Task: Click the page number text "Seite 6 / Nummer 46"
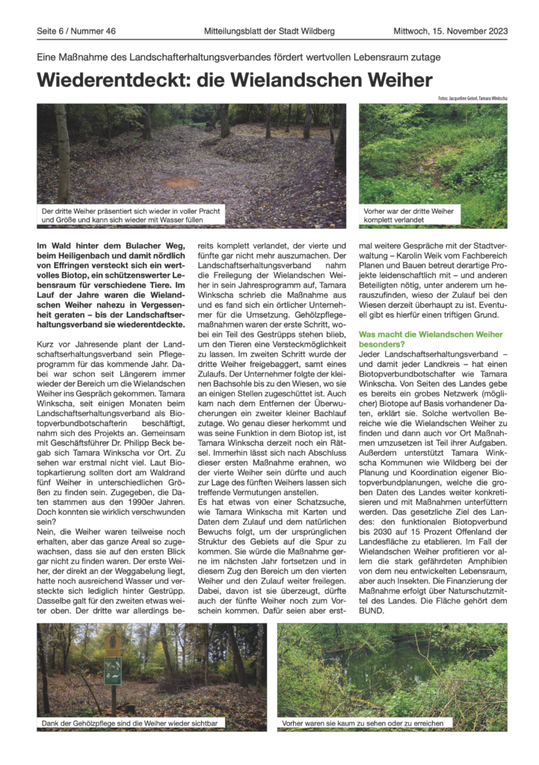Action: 76,31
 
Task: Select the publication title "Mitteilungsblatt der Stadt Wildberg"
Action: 270,31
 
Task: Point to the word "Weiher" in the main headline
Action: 394,80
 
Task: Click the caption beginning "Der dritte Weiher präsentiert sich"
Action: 132,216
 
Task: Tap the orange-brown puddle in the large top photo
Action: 182,182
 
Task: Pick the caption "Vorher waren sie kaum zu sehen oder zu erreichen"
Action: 363,724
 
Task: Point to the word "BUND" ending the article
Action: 371,610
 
